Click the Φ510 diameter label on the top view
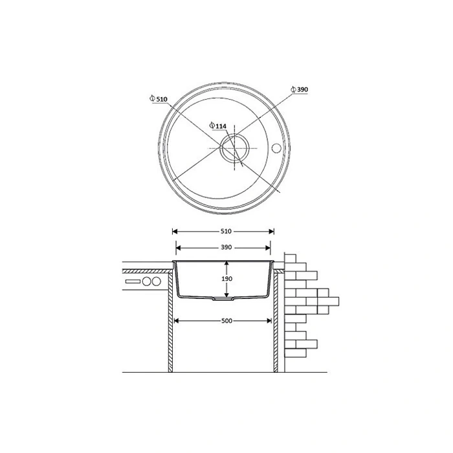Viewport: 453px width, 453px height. click(159, 99)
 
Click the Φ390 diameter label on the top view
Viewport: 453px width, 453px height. click(299, 89)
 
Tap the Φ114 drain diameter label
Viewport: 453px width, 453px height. click(218, 126)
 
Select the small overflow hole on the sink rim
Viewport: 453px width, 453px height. click(276, 148)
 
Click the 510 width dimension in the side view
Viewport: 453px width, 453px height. click(226, 231)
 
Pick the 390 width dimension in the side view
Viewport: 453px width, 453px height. click(226, 247)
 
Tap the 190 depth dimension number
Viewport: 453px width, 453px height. click(226, 279)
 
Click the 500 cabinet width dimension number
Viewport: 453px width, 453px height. click(226, 321)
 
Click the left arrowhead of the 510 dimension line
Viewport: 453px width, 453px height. click(175, 231)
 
